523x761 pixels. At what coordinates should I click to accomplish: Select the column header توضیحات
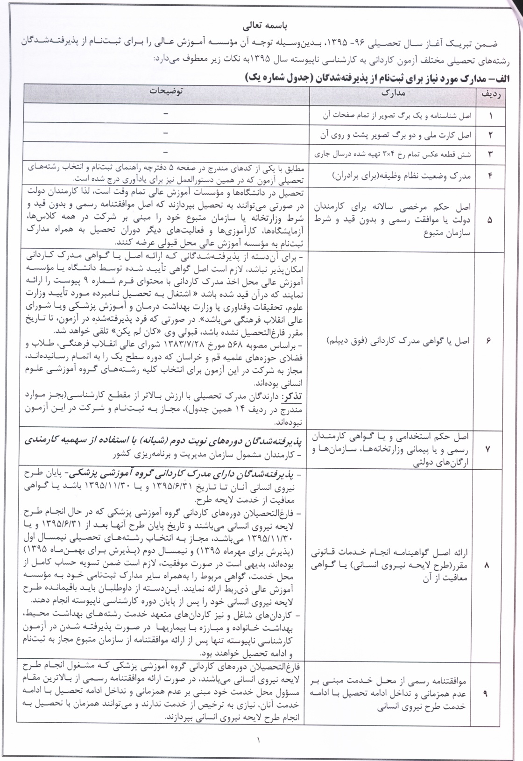point(166,92)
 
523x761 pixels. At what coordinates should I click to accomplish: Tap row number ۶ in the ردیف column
point(489,341)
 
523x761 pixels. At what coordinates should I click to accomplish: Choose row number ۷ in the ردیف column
point(489,449)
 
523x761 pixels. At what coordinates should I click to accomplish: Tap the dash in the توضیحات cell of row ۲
point(166,133)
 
